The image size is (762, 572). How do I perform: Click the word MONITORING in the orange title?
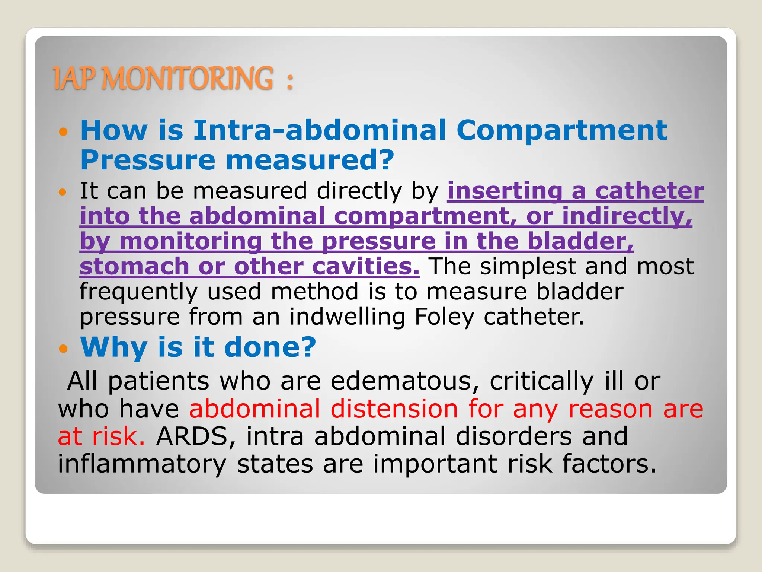tap(188, 78)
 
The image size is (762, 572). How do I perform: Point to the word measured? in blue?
tap(310, 160)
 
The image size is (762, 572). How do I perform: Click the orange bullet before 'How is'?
tap(64, 132)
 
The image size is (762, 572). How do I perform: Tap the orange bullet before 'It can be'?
tap(64, 193)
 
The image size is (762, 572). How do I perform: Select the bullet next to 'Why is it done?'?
tap(64, 349)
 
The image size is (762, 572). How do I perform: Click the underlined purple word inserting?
tap(505, 191)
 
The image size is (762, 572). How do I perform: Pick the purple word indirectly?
tap(627, 216)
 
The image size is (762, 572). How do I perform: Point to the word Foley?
tap(444, 317)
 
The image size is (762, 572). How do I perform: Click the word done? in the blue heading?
tap(270, 347)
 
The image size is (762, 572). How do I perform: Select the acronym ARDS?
tap(196, 436)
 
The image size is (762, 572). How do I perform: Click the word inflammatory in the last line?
tap(142, 464)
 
